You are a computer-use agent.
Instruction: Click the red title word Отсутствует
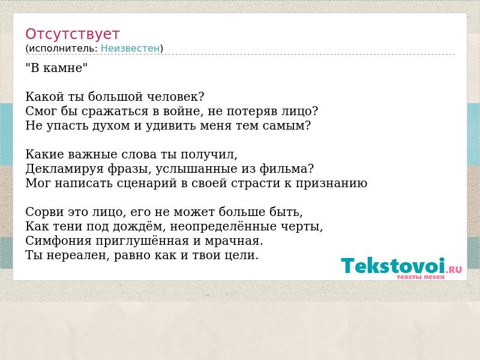[x=72, y=34]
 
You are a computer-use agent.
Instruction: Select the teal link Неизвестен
[x=130, y=49]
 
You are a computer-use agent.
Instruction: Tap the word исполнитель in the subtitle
[x=64, y=49]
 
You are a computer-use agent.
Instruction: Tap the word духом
[x=111, y=126]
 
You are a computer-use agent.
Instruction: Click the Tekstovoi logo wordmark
[x=393, y=265]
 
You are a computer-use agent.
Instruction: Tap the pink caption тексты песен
[x=421, y=277]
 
